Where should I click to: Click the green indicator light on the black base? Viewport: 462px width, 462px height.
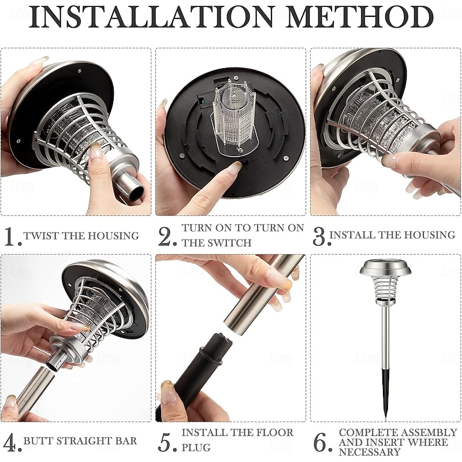(x=202, y=102)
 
